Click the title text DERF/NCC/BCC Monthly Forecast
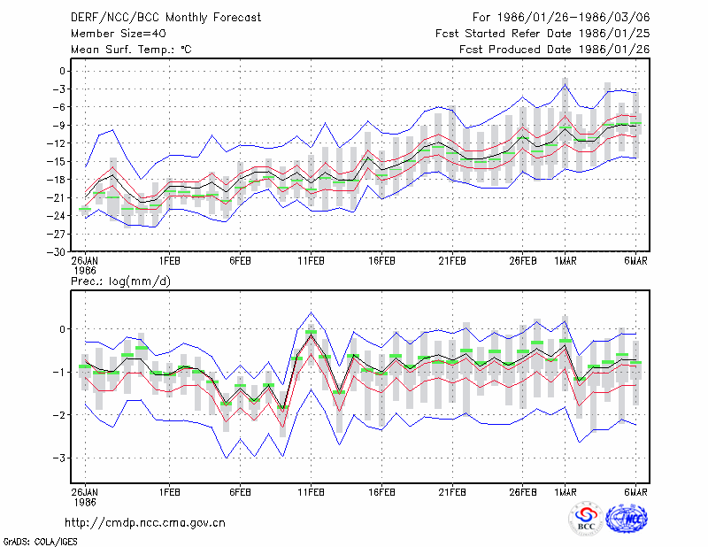[x=165, y=18]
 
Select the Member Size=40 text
[x=119, y=34]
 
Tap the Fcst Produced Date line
[x=555, y=50]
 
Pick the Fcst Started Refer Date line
[x=543, y=34]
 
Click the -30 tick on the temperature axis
[x=56, y=252]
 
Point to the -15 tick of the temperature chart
[x=56, y=162]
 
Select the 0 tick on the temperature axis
[x=62, y=71]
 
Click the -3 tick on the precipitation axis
[x=58, y=458]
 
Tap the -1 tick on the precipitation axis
[x=58, y=373]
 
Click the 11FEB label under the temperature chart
[x=311, y=261]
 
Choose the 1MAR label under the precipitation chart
[x=566, y=492]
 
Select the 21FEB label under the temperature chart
[x=452, y=261]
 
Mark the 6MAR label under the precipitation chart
[x=635, y=492]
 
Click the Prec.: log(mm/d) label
[x=121, y=281]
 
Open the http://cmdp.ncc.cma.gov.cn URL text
[x=145, y=523]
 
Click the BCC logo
[x=586, y=520]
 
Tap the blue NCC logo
[x=627, y=519]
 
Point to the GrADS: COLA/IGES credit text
[x=40, y=542]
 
